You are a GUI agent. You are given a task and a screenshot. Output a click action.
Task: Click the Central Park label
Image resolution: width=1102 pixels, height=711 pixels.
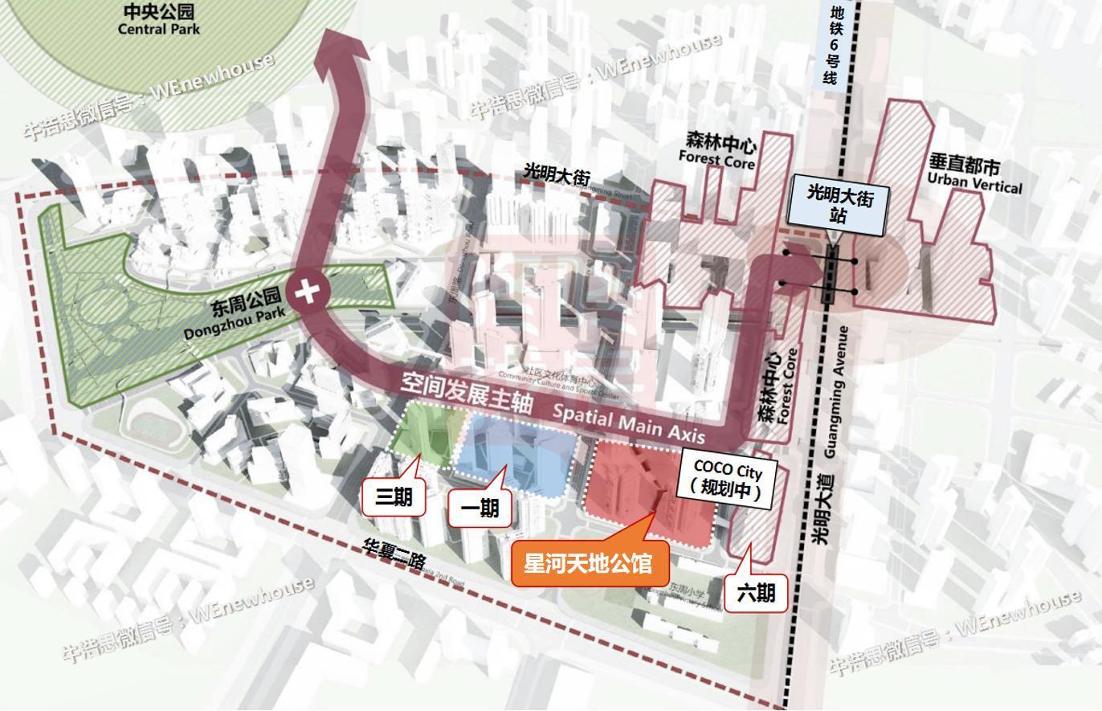159,20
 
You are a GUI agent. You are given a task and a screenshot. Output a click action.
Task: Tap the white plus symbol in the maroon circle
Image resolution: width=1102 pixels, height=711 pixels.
307,291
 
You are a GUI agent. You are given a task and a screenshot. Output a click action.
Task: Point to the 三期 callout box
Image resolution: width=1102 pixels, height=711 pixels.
394,497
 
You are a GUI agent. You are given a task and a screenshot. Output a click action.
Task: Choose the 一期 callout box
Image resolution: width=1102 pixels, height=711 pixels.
480,508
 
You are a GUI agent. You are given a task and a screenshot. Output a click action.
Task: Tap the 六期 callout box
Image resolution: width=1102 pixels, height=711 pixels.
755,593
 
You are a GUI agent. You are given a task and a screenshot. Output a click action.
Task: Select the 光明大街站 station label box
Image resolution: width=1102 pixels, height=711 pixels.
839,206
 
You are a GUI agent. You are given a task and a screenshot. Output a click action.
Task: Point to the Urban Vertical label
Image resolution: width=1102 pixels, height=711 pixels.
973,175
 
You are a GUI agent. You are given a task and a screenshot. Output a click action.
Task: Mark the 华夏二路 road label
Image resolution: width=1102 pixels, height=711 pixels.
394,554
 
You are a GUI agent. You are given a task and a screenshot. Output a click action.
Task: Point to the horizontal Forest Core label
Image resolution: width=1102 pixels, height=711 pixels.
716,153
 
